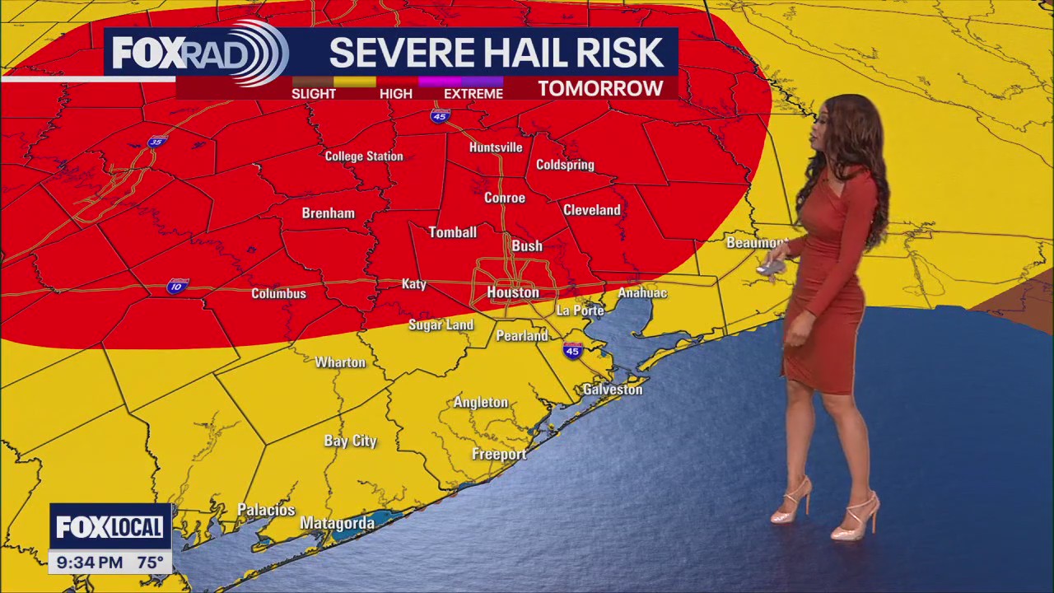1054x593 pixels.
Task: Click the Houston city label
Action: coord(512,292)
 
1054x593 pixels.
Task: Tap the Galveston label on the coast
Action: coord(612,390)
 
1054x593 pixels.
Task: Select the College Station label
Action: coord(364,156)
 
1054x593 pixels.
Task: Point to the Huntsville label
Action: coord(496,147)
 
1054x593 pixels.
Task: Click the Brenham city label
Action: coord(328,213)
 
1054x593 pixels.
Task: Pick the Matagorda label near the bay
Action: coord(337,523)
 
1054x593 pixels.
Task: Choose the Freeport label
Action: coord(498,455)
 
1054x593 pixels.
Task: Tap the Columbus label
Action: coord(278,293)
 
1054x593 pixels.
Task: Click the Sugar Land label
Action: coord(441,325)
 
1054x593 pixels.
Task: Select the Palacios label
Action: coord(266,511)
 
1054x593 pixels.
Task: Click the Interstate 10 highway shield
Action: coord(176,286)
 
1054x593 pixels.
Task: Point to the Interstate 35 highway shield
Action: coord(156,142)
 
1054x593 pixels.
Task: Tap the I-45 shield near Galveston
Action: coord(572,351)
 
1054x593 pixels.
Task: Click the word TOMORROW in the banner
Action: coord(600,89)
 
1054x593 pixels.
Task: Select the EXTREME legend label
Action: coord(473,94)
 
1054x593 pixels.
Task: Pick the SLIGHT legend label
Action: coord(314,94)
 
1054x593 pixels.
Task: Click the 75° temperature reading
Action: coord(150,563)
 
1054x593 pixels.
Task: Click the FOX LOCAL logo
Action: coord(110,527)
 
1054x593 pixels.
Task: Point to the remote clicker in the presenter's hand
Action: coord(771,267)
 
